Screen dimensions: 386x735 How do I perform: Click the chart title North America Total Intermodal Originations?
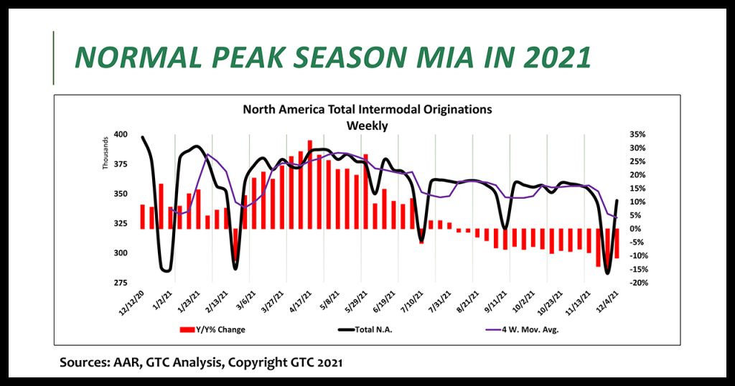coord(367,110)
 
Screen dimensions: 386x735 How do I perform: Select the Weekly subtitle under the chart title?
coord(367,125)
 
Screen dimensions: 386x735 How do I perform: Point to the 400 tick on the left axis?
coord(120,135)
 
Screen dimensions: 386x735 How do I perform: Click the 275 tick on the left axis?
coord(120,283)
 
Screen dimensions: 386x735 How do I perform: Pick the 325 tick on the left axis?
coord(120,224)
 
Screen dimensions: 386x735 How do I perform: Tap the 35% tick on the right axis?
coord(638,135)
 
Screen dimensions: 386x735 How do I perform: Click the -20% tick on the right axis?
coord(637,283)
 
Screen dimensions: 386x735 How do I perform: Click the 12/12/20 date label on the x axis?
coord(134,304)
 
